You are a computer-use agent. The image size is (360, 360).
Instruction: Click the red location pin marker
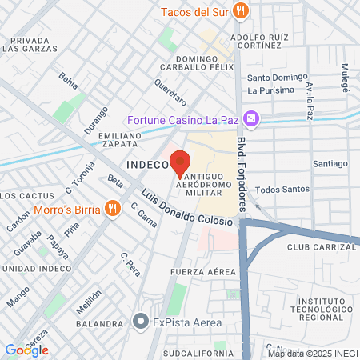(181, 162)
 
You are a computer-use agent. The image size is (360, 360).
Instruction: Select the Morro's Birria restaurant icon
(113, 210)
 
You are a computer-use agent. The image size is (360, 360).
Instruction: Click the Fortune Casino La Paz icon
(251, 118)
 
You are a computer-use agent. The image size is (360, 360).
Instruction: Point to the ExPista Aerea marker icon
(140, 322)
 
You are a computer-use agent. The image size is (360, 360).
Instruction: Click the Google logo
(27, 350)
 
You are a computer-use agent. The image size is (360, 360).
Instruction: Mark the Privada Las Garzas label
(32, 44)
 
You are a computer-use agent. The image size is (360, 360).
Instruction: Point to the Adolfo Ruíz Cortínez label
(258, 41)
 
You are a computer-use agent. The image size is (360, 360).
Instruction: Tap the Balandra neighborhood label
(99, 325)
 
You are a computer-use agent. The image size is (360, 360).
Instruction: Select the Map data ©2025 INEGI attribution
(313, 354)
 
